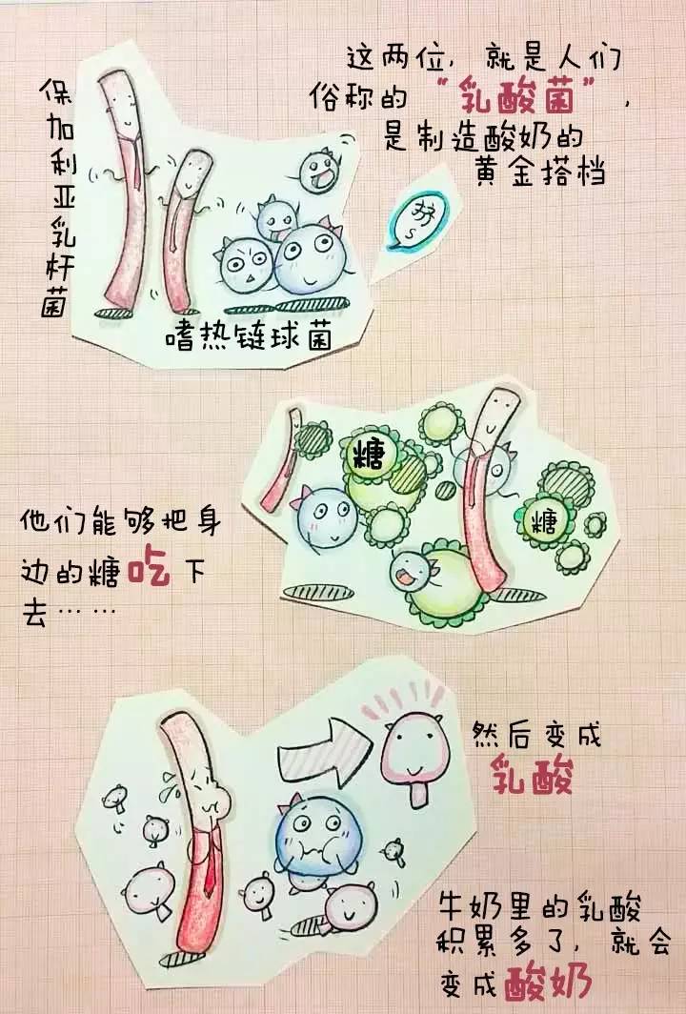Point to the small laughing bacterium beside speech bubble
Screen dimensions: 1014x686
point(317,172)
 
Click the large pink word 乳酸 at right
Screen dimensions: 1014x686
point(532,777)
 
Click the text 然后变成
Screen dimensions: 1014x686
point(537,736)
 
